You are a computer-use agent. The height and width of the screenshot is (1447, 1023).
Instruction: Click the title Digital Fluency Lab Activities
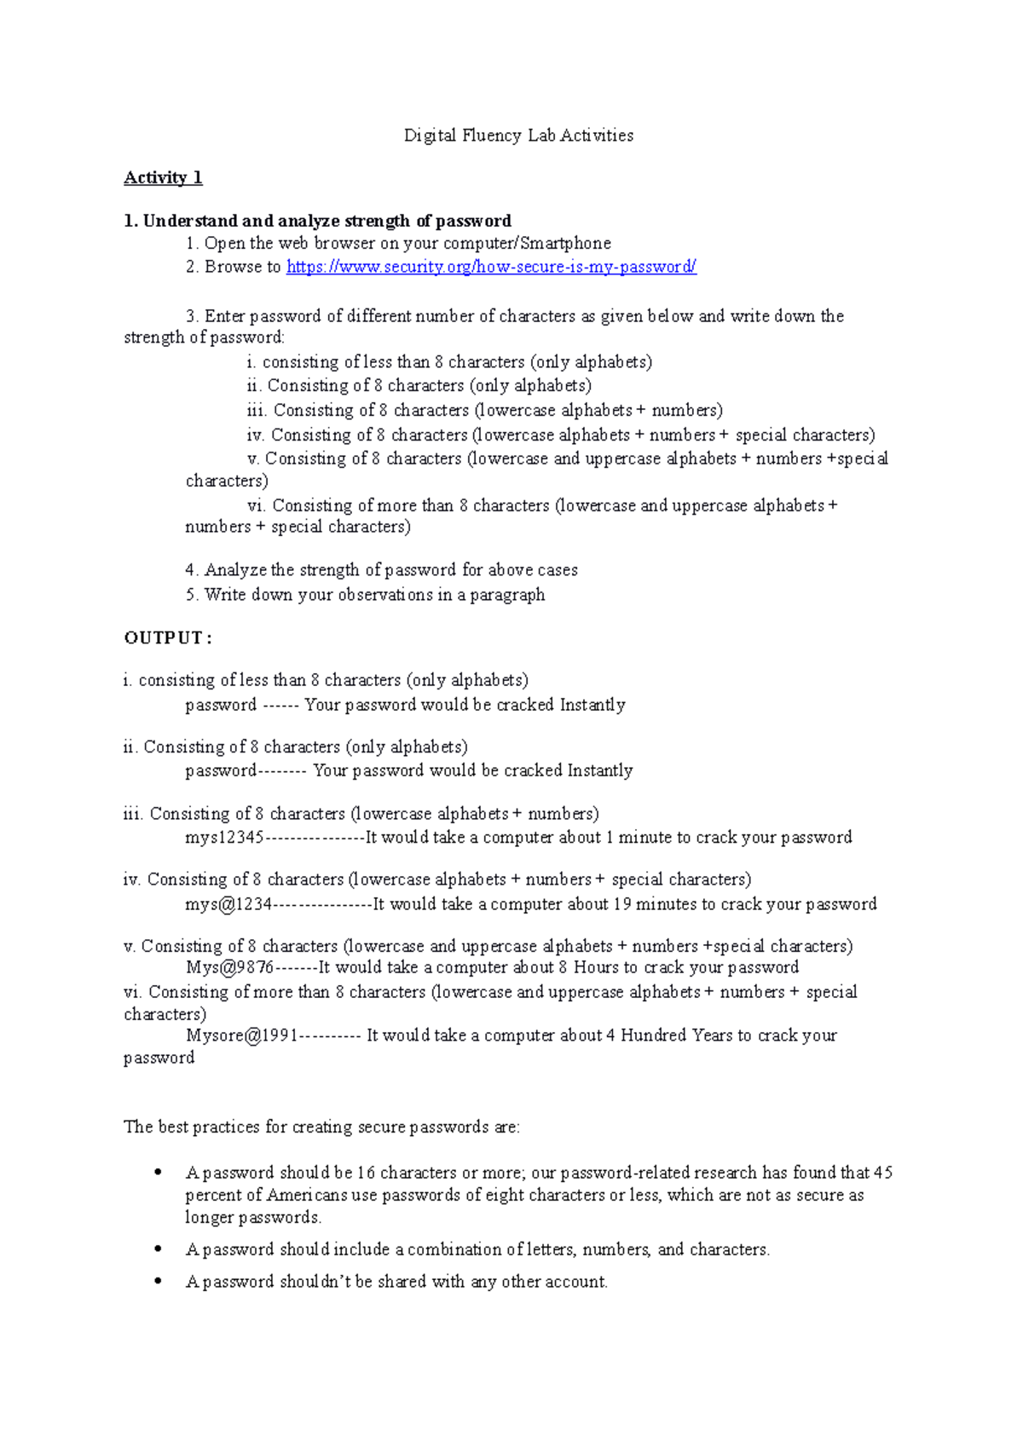tap(518, 135)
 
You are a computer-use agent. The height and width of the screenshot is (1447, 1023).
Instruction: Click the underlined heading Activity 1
tap(163, 178)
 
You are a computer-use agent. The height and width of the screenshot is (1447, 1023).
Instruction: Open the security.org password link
tap(491, 267)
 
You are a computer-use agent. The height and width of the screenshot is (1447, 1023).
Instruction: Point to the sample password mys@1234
tap(228, 904)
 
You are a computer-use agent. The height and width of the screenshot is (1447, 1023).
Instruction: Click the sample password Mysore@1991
tap(242, 1035)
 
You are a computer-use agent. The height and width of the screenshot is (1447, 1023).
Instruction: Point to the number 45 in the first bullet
tap(883, 1173)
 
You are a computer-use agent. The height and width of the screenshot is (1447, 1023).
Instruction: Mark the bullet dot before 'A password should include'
tap(158, 1248)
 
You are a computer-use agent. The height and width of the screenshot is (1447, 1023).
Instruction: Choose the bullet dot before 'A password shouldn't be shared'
tap(158, 1281)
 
